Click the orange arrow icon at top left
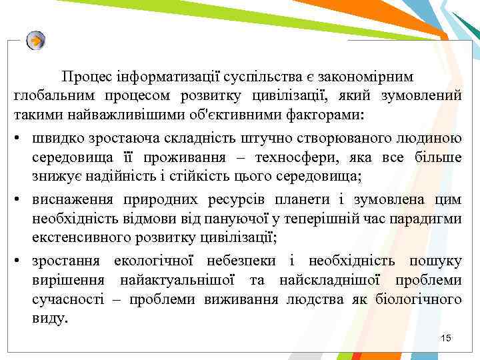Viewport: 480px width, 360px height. [x=36, y=41]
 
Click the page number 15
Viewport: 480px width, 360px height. [x=446, y=339]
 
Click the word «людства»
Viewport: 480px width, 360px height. [x=313, y=299]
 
